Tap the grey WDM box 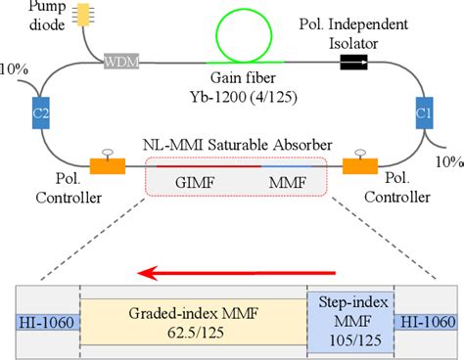tap(121, 64)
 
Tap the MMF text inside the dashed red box tap(280, 183)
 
